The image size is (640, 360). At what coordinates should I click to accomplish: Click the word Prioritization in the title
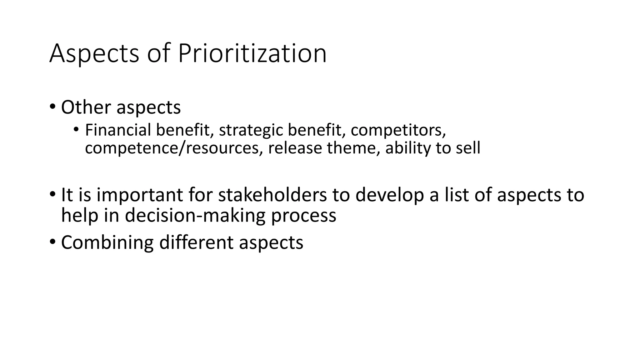[252, 53]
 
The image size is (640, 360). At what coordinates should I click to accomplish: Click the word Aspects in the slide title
[94, 53]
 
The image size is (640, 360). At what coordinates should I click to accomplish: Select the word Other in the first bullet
[86, 107]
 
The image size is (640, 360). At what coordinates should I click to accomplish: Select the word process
[303, 215]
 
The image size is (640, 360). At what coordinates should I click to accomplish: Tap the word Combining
[107, 242]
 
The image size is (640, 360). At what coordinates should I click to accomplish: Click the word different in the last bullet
[196, 242]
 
